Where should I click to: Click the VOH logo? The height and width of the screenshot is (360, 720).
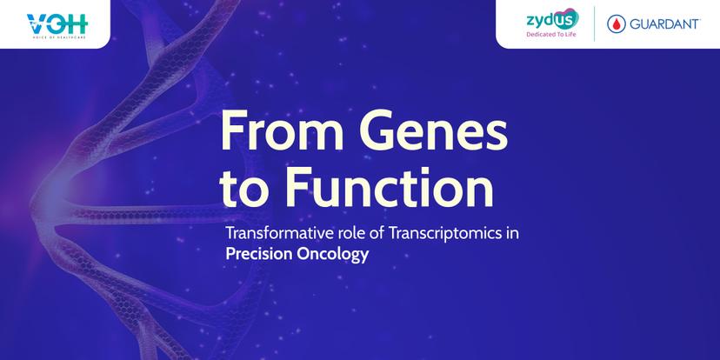click(57, 25)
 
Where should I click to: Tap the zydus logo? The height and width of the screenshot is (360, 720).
click(552, 19)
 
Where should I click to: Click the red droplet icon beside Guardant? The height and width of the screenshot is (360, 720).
click(617, 23)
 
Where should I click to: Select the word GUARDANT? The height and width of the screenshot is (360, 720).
click(664, 23)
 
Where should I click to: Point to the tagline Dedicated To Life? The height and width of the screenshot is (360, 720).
click(551, 35)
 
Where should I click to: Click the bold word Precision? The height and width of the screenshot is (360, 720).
click(259, 254)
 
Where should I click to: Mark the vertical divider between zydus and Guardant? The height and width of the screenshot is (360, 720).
click(594, 23)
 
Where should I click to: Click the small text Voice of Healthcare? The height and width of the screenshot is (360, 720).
click(57, 37)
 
